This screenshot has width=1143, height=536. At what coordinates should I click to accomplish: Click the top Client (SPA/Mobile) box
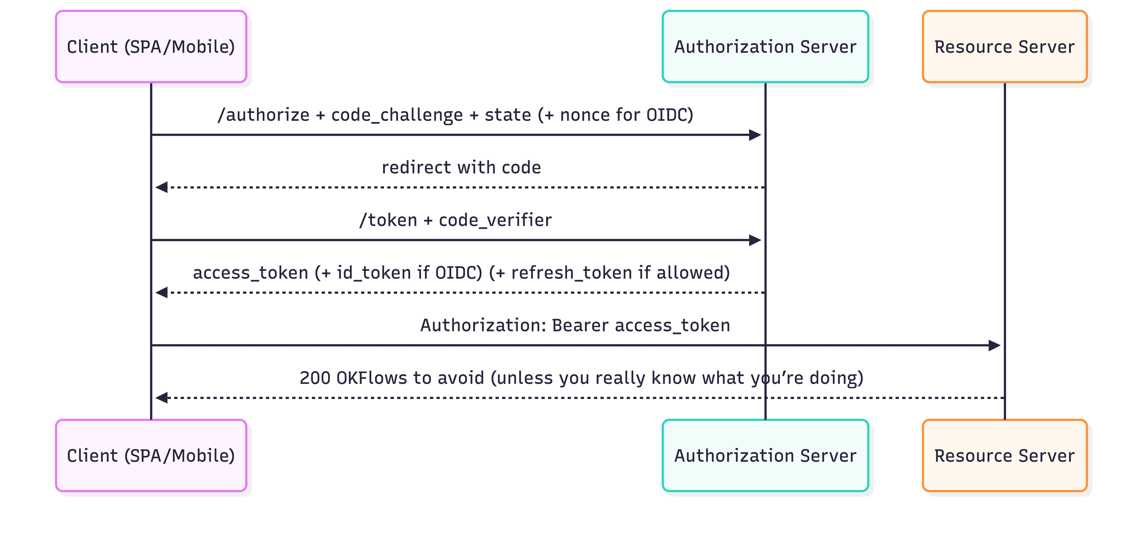151,46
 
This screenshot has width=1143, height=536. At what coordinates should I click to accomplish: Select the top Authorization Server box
765,46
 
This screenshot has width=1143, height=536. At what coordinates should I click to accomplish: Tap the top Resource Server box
1005,46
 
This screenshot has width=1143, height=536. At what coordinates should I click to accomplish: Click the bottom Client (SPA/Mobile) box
151,456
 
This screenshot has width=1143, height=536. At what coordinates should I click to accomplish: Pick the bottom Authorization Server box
765,456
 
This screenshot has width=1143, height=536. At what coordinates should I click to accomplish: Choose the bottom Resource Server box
1005,456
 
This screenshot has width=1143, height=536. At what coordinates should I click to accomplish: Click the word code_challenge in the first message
397,115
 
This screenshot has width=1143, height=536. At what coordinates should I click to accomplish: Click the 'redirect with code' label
461,168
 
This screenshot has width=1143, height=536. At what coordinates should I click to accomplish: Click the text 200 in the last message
315,378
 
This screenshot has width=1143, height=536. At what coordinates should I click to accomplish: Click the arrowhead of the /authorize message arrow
755,135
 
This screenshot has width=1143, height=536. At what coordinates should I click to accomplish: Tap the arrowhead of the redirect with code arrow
162,187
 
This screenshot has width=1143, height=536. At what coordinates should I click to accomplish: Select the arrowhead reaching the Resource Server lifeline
994,345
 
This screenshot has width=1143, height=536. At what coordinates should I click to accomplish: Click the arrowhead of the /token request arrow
755,240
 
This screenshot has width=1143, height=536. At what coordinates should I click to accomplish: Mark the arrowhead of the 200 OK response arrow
162,398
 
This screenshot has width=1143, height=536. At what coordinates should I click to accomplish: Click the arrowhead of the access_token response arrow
162,292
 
